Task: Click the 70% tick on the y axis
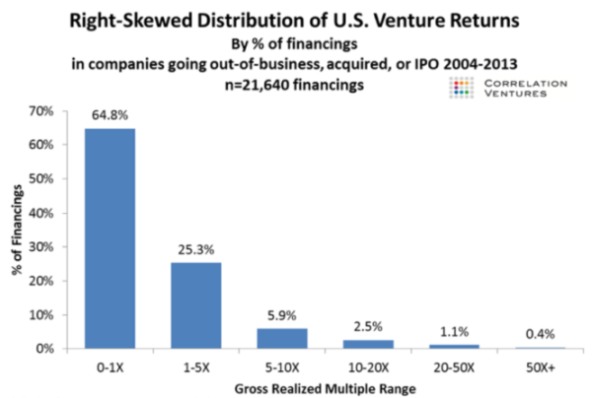pos(41,111)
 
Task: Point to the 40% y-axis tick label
pos(41,213)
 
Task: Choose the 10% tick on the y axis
pos(41,315)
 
